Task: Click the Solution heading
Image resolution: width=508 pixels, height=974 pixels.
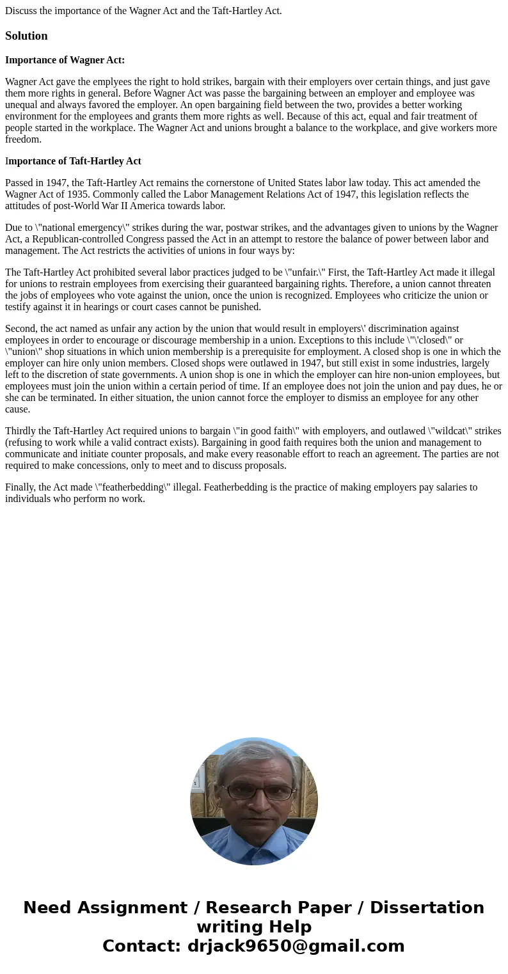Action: [26, 36]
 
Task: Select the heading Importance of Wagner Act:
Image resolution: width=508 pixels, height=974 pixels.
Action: [65, 60]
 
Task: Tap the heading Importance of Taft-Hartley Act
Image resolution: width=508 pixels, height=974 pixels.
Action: [73, 161]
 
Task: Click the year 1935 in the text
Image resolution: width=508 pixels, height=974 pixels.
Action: [77, 194]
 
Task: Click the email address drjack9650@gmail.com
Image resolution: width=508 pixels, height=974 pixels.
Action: [296, 946]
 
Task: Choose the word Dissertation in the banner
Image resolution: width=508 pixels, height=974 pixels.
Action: [427, 907]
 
